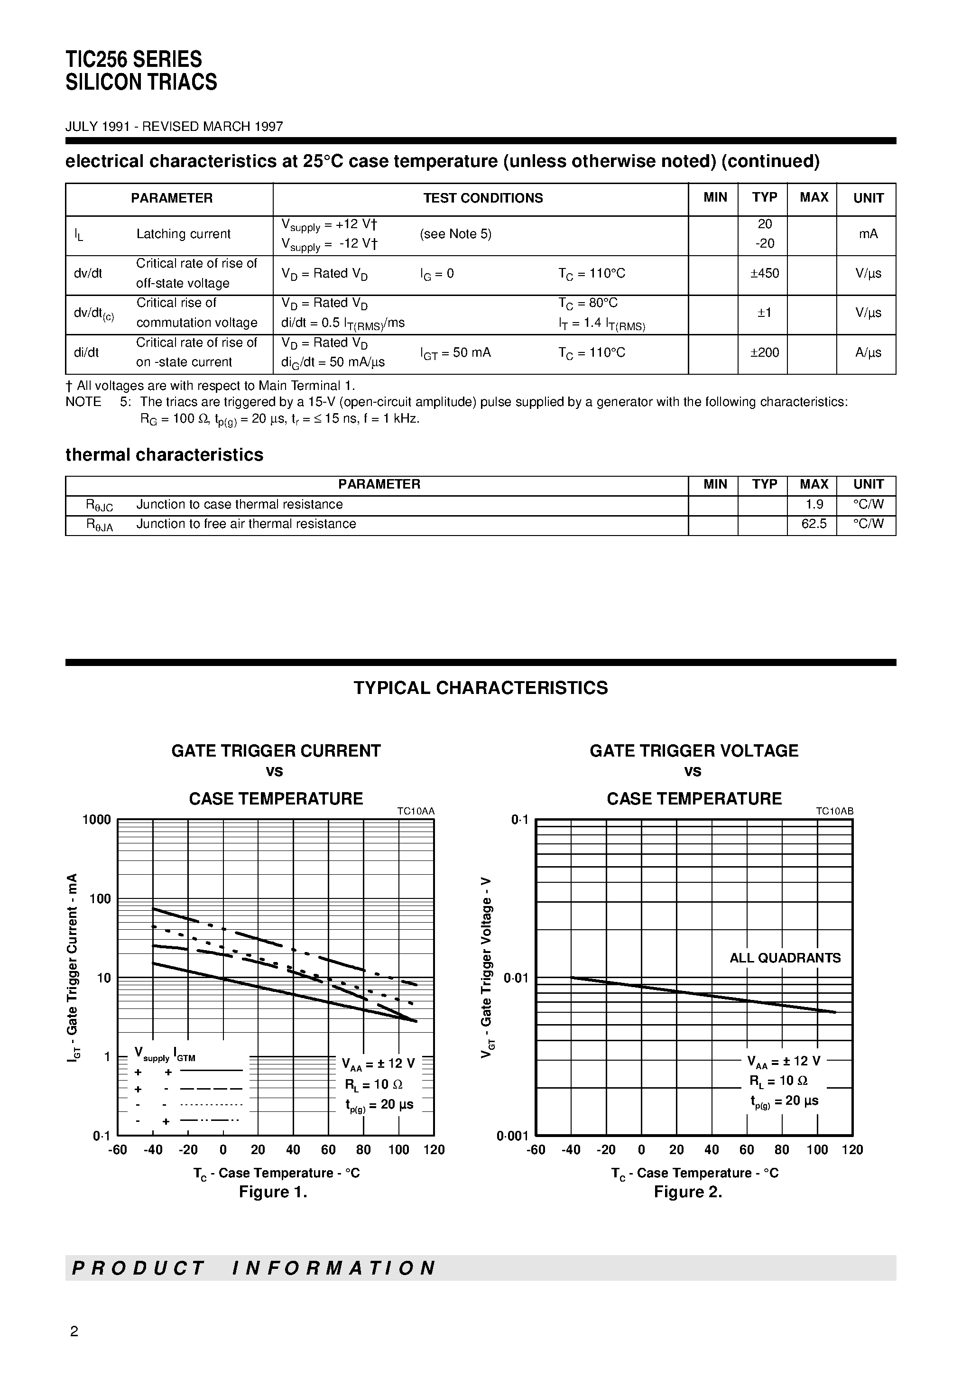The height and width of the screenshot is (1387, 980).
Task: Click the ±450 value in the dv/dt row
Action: click(x=764, y=274)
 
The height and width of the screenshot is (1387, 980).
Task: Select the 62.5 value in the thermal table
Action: click(x=813, y=524)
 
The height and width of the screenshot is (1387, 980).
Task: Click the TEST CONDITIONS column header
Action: click(x=482, y=198)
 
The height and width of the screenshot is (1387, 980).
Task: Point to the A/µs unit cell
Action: click(x=868, y=353)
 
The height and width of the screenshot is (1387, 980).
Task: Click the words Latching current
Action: click(x=183, y=234)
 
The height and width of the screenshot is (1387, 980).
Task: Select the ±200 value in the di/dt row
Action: click(x=764, y=353)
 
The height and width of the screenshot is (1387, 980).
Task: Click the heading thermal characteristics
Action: click(x=164, y=455)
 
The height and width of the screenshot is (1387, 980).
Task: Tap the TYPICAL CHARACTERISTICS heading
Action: click(x=481, y=688)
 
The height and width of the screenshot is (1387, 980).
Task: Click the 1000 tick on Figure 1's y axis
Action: click(x=97, y=820)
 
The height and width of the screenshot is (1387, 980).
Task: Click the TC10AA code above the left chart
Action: click(x=416, y=811)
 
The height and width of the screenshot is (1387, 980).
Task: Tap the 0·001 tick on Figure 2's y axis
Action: click(x=512, y=1136)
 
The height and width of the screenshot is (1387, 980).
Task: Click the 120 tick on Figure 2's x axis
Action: click(x=852, y=1150)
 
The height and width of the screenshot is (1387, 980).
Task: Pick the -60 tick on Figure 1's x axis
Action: click(x=117, y=1150)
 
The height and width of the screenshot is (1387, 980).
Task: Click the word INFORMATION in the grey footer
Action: click(x=333, y=1268)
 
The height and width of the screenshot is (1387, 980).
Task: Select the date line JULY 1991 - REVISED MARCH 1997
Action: click(x=174, y=127)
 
